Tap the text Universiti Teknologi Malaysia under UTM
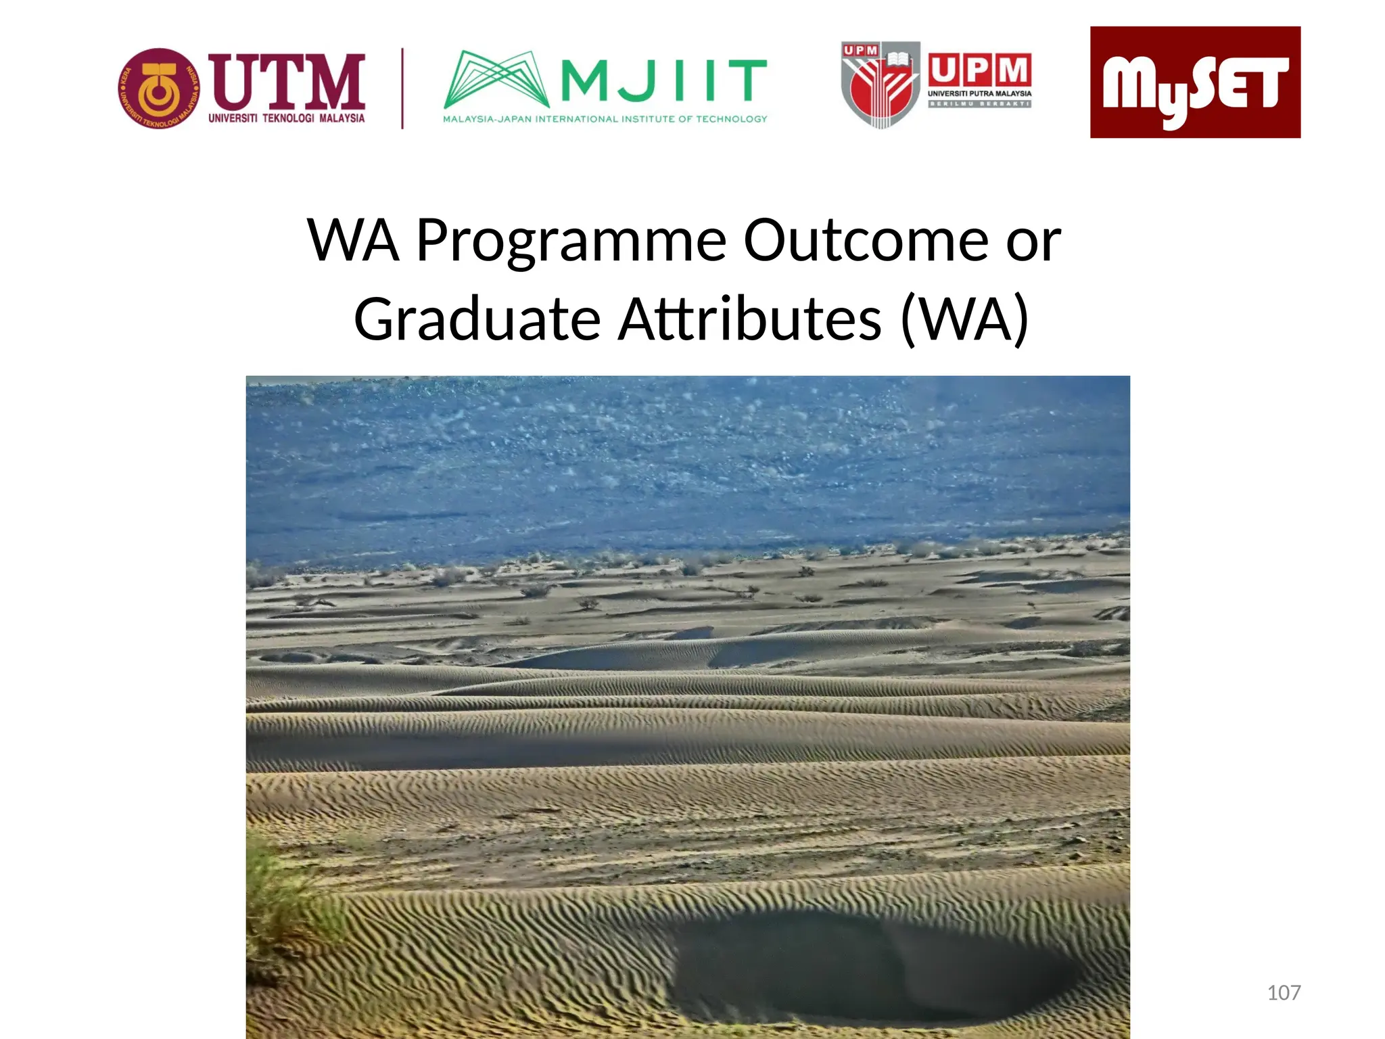286,118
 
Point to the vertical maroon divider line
403,88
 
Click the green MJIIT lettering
663,80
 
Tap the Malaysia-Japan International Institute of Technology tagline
605,119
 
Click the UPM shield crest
880,85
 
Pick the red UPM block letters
979,70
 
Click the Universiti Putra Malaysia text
979,93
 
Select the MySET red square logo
1195,82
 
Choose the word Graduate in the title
477,319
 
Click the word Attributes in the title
750,319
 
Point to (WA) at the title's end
964,319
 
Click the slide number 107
1284,992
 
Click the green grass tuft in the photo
284,900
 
